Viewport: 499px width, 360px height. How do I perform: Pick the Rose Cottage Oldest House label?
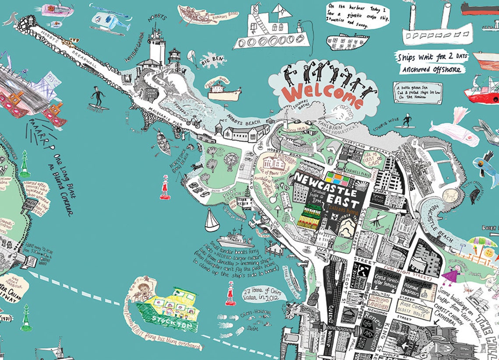click(x=414, y=309)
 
